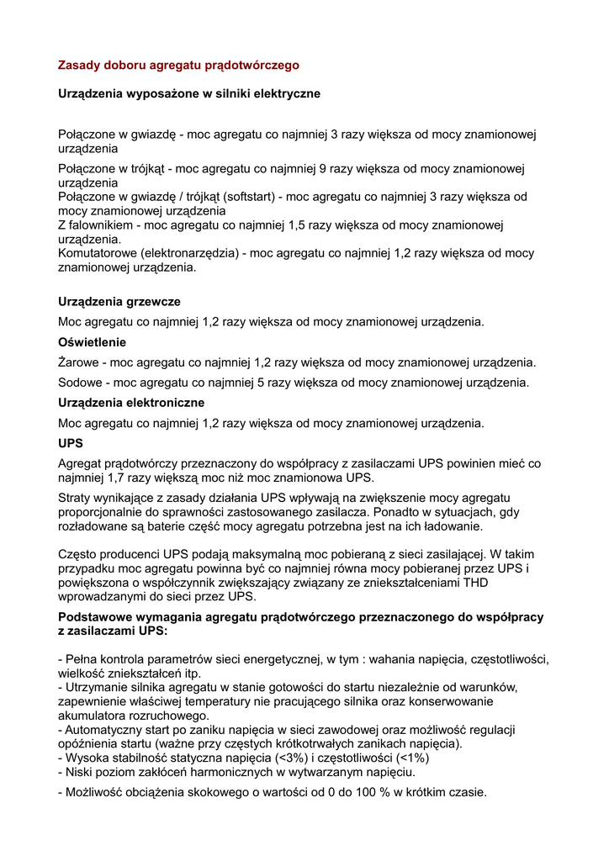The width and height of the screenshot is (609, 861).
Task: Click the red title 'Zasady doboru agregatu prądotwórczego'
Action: (178, 65)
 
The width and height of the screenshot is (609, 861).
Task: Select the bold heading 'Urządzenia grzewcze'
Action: (119, 301)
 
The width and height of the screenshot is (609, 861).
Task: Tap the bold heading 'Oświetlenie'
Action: (92, 342)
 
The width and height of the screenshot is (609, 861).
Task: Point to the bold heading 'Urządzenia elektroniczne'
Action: (131, 403)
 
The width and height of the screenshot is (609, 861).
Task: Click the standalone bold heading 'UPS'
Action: (71, 443)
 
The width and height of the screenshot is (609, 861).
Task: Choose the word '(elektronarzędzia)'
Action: (190, 253)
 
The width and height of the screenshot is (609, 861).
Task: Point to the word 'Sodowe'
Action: (79, 383)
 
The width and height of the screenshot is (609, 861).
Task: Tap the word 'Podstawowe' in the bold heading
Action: (95, 617)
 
